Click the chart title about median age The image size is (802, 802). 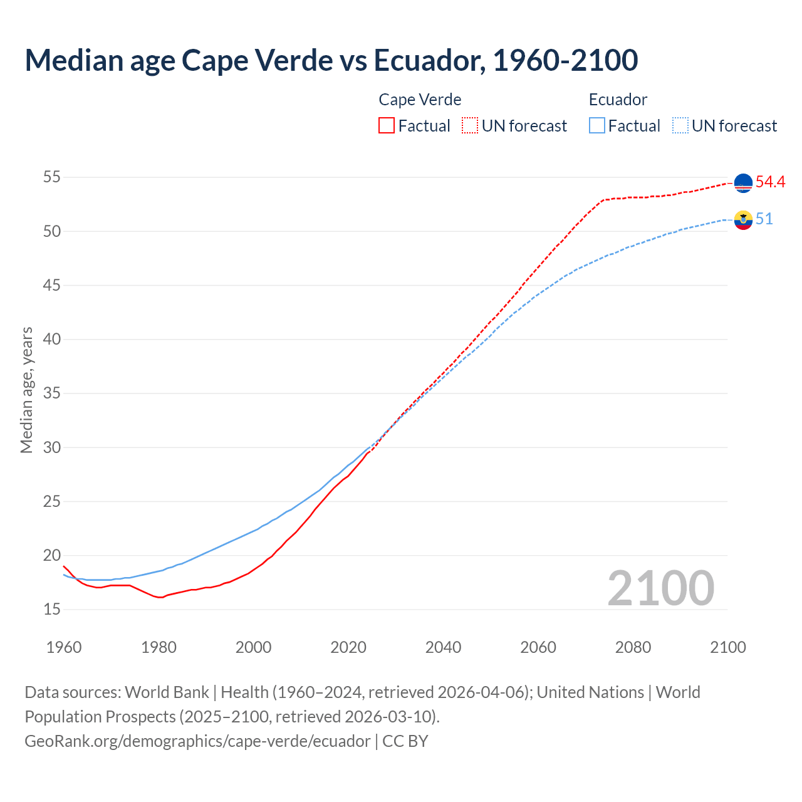pyautogui.click(x=331, y=60)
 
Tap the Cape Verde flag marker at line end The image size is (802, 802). pyautogui.click(x=743, y=183)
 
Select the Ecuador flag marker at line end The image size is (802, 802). pyautogui.click(x=743, y=220)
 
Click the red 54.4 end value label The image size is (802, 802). pyautogui.click(x=770, y=182)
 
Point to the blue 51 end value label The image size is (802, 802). pyautogui.click(x=764, y=219)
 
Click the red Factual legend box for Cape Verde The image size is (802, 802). pyautogui.click(x=387, y=126)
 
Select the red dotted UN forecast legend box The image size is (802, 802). pyautogui.click(x=470, y=126)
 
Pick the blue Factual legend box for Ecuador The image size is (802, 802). pyautogui.click(x=597, y=126)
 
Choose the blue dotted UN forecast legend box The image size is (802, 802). pyautogui.click(x=680, y=126)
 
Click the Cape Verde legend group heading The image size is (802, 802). pyautogui.click(x=420, y=100)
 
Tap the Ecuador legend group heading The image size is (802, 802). pyautogui.click(x=618, y=100)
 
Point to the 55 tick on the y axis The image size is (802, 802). pyautogui.click(x=52, y=177)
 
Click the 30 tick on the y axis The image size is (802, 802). pyautogui.click(x=52, y=447)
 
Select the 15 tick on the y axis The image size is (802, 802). pyautogui.click(x=52, y=609)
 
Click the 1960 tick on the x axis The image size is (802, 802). pyautogui.click(x=64, y=647)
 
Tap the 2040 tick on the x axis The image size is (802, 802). pyautogui.click(x=443, y=647)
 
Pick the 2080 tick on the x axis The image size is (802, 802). pyautogui.click(x=633, y=647)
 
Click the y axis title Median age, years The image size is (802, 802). pyautogui.click(x=26, y=390)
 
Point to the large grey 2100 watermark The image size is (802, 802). pyautogui.click(x=660, y=588)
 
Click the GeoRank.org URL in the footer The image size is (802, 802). pyautogui.click(x=197, y=741)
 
